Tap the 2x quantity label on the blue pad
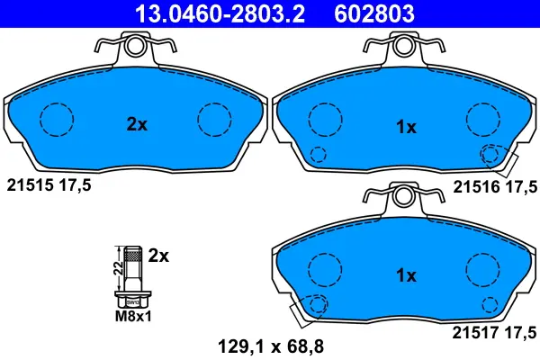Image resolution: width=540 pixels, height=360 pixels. point(136,126)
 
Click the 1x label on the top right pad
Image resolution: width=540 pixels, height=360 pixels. point(406,128)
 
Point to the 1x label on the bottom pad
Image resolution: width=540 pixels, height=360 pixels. point(406,275)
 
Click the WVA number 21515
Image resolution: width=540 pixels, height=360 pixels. point(28,186)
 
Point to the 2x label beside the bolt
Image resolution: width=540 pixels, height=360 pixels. point(158,256)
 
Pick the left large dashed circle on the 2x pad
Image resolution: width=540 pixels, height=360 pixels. point(57,118)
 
